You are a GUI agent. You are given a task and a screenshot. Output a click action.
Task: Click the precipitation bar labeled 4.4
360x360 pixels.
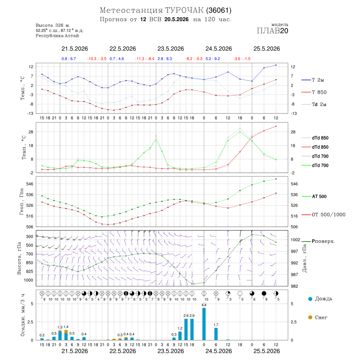click(x=204, y=324)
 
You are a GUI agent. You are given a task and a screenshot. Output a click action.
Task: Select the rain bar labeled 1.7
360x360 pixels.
click(x=216, y=334)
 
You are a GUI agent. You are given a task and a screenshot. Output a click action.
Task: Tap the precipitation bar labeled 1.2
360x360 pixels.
click(x=180, y=336)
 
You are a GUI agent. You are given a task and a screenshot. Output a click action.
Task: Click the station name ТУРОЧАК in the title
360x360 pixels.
click(x=184, y=10)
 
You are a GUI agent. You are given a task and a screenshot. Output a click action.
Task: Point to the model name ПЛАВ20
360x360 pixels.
click(x=272, y=31)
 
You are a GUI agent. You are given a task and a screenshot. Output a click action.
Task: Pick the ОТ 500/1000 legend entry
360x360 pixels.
click(x=323, y=215)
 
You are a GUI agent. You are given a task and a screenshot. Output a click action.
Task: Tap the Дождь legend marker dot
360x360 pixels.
click(x=310, y=299)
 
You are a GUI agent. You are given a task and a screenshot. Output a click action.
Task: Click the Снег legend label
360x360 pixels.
click(x=321, y=318)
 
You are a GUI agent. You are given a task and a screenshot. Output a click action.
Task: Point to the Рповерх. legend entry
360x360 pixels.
click(x=318, y=241)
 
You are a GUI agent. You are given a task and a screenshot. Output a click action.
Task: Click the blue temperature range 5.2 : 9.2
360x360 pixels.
click(x=213, y=59)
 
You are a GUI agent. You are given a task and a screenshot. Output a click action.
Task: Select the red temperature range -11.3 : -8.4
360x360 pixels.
click(x=145, y=59)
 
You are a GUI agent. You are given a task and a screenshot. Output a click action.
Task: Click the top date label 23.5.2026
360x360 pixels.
click(x=170, y=49)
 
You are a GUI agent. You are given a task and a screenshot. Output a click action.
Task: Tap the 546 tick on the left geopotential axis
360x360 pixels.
click(x=30, y=184)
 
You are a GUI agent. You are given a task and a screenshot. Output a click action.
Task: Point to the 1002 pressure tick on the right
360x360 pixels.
click(x=296, y=240)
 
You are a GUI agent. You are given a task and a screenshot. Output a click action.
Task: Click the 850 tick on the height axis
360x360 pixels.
click(x=29, y=263)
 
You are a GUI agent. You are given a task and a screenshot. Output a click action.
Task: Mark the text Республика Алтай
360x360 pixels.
click(x=57, y=36)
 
